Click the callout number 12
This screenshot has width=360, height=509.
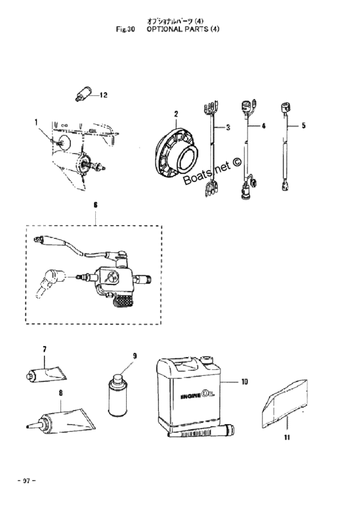[103, 95]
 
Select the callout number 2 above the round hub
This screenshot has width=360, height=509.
[176, 114]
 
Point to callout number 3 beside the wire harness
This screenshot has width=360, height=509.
[228, 127]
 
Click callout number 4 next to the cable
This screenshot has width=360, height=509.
[264, 125]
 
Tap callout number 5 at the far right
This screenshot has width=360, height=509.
[303, 125]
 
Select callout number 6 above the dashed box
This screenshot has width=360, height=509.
[96, 205]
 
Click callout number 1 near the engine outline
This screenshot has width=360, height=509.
[37, 122]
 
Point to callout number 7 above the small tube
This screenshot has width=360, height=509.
[44, 349]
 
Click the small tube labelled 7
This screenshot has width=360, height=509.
[46, 375]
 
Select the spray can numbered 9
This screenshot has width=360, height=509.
[117, 395]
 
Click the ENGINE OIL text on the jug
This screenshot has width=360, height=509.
[199, 396]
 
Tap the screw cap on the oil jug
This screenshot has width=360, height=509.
[206, 360]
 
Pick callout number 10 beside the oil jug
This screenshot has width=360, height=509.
[244, 382]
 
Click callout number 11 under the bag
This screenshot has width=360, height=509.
[287, 438]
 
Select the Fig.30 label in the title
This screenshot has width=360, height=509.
[125, 29]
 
